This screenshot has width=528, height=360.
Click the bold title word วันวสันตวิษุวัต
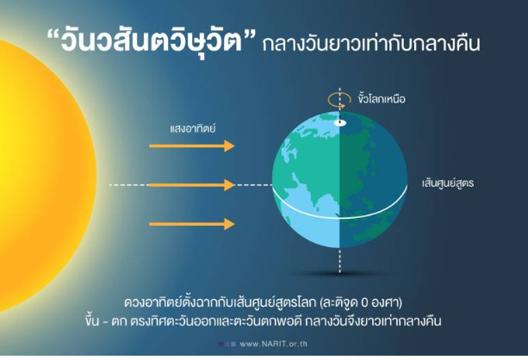152,42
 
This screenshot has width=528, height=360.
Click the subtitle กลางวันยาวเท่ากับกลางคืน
370,44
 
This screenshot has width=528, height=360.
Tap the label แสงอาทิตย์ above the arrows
193,128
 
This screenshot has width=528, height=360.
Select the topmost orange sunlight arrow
192,146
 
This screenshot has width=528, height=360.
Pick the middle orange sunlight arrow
192,185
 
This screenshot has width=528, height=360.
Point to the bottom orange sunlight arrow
192,224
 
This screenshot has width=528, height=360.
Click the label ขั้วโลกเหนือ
382,99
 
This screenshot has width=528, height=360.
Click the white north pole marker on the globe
340,122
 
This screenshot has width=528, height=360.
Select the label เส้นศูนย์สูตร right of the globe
448,183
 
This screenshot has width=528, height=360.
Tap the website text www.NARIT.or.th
273,344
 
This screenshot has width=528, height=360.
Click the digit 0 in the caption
364,303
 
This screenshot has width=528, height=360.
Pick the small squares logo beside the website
227,344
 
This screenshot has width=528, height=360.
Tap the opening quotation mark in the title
53,35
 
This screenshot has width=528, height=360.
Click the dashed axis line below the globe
339,260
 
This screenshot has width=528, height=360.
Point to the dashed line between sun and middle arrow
129,185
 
